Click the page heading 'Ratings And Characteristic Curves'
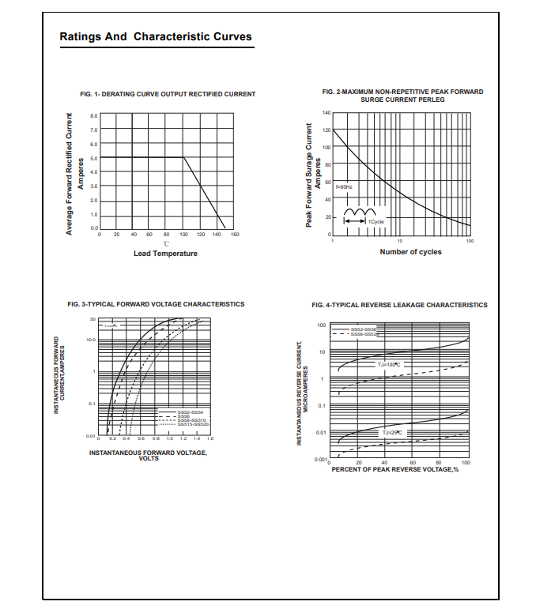[x=156, y=37]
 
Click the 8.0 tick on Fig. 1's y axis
[x=93, y=115]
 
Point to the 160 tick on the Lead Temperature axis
[x=235, y=235]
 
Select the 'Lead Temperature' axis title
[x=165, y=254]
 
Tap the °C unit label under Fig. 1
[x=166, y=243]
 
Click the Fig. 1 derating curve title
[x=168, y=94]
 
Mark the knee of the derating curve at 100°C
[x=183, y=157]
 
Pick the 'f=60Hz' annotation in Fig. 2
[x=345, y=186]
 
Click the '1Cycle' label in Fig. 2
[x=376, y=222]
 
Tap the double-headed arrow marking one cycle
[x=353, y=222]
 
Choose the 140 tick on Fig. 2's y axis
[x=327, y=113]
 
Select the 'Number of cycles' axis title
[x=410, y=252]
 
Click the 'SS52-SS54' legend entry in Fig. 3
[x=191, y=412]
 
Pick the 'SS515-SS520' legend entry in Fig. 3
[x=193, y=424]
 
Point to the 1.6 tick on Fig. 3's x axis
[x=210, y=437]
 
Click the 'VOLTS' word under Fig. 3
[x=149, y=458]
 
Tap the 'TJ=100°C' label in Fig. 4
[x=389, y=364]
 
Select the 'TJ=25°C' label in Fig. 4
[x=392, y=432]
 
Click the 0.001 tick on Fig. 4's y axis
[x=320, y=459]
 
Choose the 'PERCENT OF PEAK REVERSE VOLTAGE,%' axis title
[x=394, y=469]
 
